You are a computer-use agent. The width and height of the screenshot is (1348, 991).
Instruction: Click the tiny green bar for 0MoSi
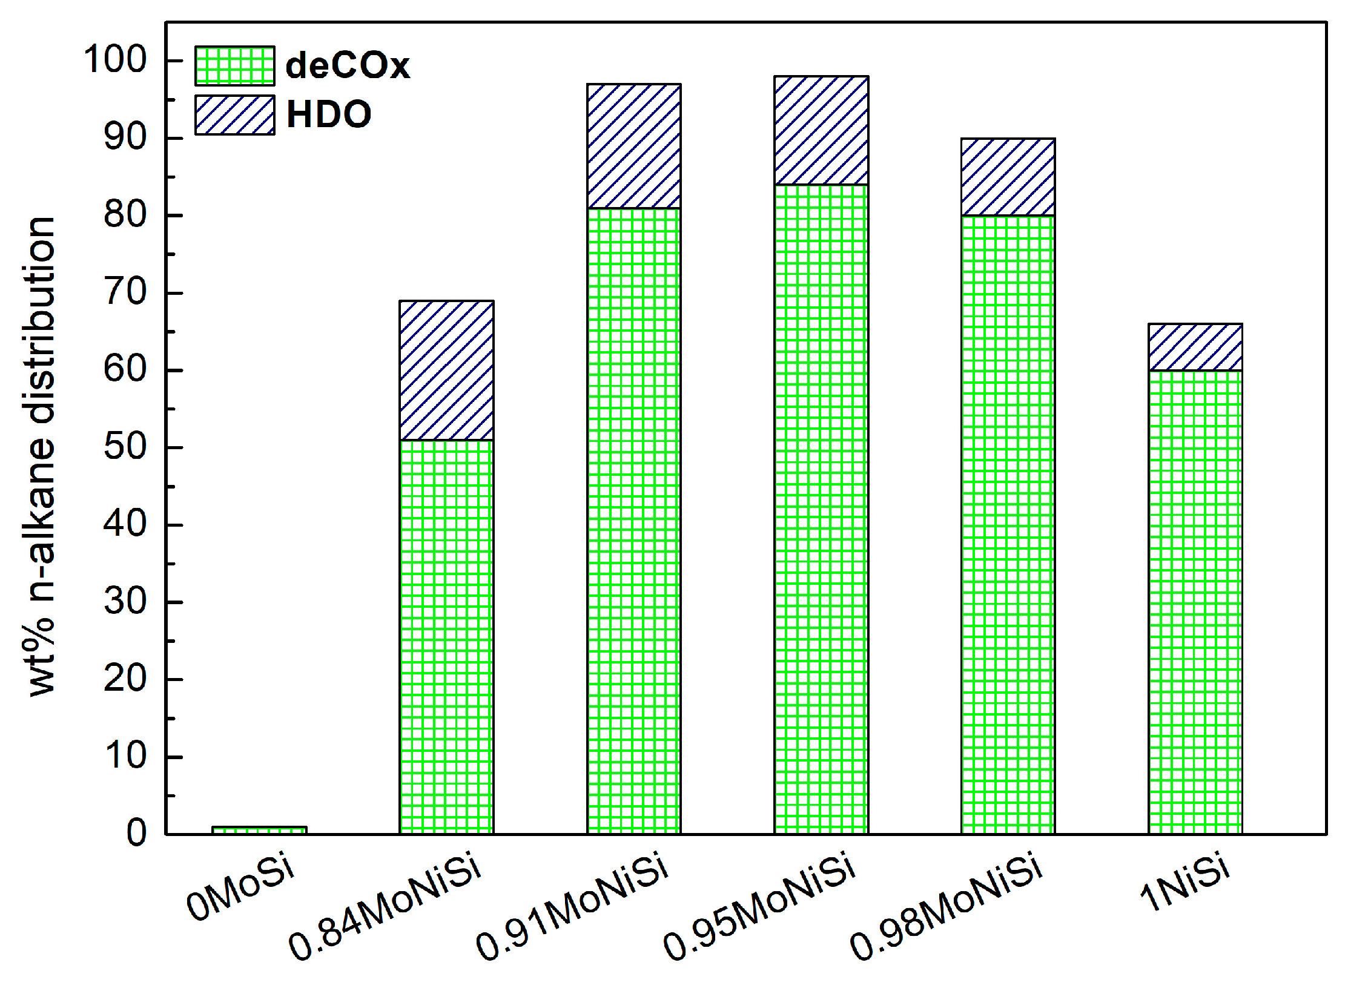point(259,830)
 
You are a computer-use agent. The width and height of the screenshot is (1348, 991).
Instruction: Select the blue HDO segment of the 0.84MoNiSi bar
point(446,370)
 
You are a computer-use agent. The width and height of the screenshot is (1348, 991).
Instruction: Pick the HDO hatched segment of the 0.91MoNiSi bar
point(633,146)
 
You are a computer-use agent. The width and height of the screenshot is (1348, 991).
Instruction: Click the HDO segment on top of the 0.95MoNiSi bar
point(821,130)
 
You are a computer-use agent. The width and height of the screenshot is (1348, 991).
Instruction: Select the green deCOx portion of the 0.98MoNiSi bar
point(1008,524)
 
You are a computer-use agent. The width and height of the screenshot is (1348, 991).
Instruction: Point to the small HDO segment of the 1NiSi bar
point(1195,347)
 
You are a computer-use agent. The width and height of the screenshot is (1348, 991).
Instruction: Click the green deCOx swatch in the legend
point(234,65)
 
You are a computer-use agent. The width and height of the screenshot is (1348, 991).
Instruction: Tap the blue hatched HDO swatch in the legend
point(234,114)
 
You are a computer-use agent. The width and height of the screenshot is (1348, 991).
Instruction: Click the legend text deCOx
point(347,65)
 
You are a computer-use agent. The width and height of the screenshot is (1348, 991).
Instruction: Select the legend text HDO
point(328,114)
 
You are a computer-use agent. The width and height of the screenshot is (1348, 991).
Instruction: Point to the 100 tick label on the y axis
point(115,60)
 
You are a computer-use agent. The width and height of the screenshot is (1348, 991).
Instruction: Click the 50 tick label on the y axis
point(125,447)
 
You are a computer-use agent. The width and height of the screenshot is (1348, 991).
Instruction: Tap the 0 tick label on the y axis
point(136,834)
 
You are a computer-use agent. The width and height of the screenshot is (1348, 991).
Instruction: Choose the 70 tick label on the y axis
point(125,292)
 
